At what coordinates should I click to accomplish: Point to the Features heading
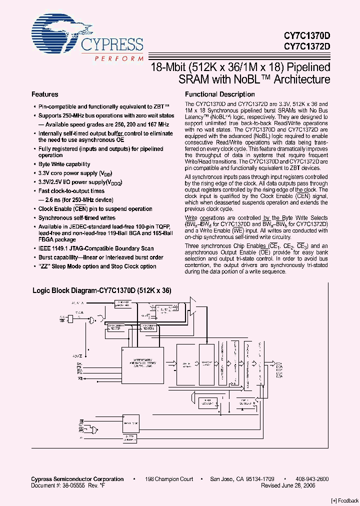point(45,94)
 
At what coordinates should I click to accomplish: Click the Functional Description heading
point(219,94)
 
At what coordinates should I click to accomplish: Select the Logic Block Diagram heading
point(102,290)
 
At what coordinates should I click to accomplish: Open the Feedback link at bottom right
point(345,500)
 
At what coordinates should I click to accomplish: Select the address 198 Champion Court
point(169,479)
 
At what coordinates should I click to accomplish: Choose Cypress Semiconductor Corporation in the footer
point(77,479)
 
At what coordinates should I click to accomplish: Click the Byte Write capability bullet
point(64,164)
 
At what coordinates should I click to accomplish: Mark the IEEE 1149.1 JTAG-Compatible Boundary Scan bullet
point(96,248)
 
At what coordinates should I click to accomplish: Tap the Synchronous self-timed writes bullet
point(77,218)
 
